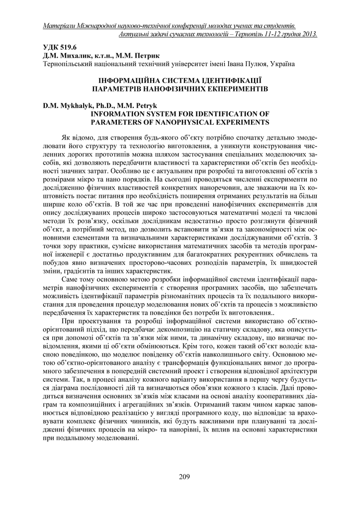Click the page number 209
pos(184,478)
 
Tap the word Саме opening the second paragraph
pos(71,279)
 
